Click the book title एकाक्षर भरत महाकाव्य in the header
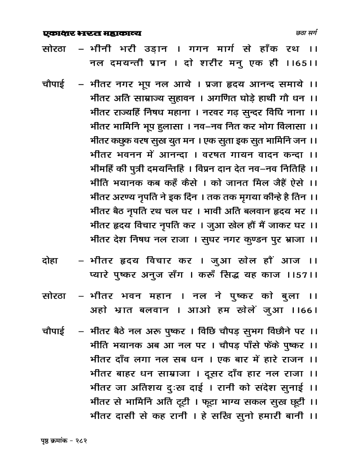tap(93, 33)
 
